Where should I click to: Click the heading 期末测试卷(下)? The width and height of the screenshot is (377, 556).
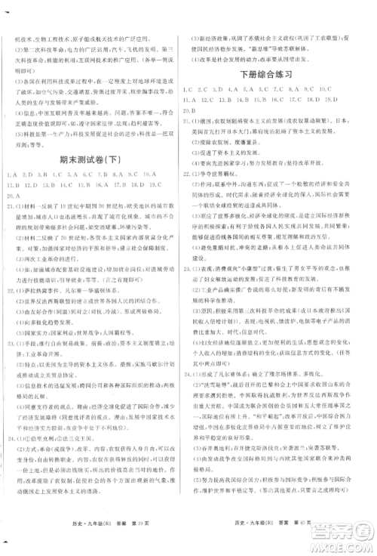(94, 159)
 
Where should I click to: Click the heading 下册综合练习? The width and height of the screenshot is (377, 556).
(280, 75)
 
